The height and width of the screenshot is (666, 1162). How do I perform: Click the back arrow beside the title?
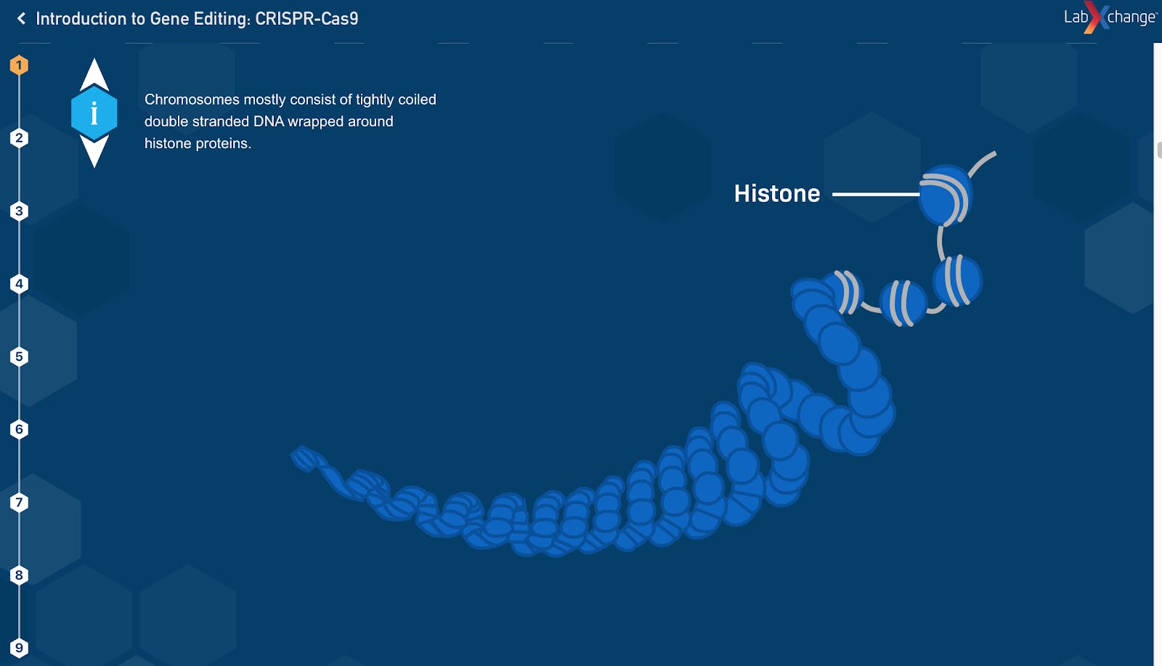tap(21, 19)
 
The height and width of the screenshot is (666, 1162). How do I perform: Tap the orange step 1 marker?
tap(19, 65)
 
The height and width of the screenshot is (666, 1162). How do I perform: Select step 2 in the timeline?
tap(19, 138)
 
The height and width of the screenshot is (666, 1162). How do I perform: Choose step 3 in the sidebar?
tap(19, 211)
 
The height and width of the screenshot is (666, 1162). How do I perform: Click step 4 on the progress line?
tap(19, 284)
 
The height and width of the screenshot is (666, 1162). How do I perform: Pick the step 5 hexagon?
tap(19, 357)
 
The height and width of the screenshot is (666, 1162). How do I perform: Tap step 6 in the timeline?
tap(19, 429)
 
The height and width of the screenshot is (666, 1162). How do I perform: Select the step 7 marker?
tap(19, 502)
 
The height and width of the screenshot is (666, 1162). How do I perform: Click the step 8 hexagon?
tap(19, 574)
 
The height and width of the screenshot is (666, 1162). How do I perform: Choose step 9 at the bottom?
tap(19, 648)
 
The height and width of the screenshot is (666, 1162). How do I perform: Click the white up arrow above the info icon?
tap(94, 76)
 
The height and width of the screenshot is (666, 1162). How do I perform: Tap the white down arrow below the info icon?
tap(94, 151)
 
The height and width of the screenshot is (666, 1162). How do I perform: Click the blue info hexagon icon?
tap(94, 113)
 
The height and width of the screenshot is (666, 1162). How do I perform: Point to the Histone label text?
tap(777, 193)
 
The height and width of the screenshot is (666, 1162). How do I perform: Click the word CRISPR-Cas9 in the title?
tap(306, 19)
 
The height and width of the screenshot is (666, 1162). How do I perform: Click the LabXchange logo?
tap(1110, 17)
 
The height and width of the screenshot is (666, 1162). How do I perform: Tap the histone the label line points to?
tap(945, 195)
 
